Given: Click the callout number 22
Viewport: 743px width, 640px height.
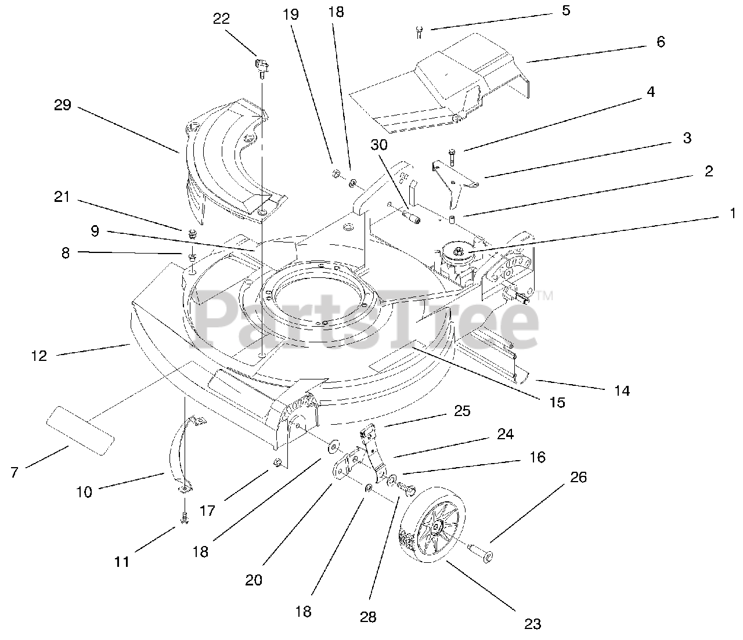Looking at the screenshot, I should tap(222, 19).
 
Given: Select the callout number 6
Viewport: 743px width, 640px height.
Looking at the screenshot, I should tap(660, 42).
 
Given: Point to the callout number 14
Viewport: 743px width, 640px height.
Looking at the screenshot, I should tap(621, 391).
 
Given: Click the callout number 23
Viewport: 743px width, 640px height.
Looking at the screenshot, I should tap(532, 624).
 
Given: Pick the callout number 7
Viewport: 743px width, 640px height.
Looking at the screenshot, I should tap(15, 472).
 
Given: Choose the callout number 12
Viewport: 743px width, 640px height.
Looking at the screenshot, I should tap(39, 356).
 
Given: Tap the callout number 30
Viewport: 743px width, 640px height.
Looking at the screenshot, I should tap(379, 146).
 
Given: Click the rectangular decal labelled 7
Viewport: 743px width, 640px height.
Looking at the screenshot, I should tap(81, 430).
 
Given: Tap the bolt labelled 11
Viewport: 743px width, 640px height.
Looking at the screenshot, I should tap(184, 518).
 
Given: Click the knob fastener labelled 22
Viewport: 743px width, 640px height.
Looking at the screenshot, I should tap(260, 67).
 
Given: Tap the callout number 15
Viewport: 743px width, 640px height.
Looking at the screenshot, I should tap(557, 402).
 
